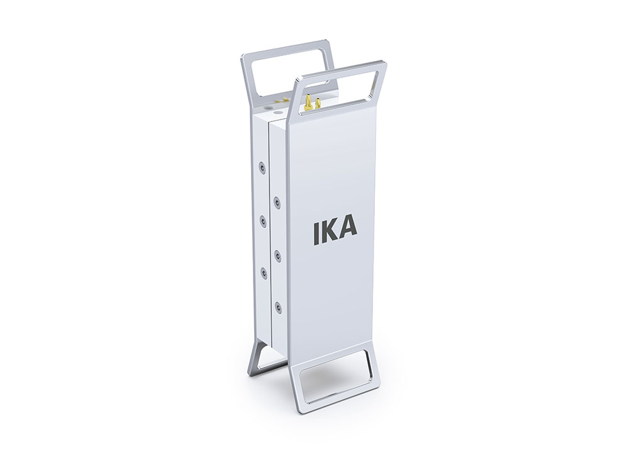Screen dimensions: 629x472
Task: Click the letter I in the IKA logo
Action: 317,233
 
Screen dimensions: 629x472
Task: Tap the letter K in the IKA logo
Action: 331,232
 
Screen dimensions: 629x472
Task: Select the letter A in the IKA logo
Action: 348,230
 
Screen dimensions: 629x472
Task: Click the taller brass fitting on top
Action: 308,102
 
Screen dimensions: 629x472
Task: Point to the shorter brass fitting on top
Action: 318,103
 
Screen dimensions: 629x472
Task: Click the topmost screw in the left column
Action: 262,168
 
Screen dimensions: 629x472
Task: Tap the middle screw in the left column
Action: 263,220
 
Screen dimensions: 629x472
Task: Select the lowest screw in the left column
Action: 264,273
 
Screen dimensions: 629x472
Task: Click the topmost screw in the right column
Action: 276,199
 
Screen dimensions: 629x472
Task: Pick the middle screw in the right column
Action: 276,254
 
